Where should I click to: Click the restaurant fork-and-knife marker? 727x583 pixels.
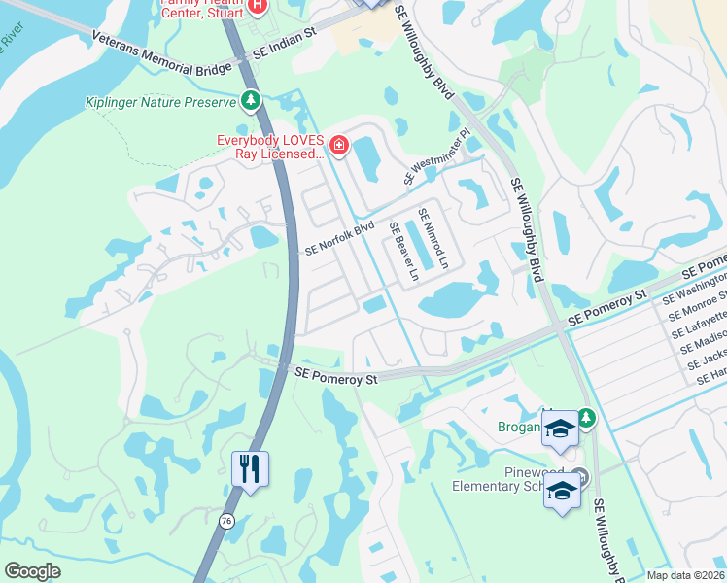pos(250,469)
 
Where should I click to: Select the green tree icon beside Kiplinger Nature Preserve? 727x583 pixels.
pos(251,100)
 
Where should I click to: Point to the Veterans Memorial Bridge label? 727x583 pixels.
pos(162,54)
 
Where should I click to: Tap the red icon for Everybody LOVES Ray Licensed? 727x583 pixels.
pos(338,147)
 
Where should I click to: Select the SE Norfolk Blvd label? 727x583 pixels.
pos(339,237)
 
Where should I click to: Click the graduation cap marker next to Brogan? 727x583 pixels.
pos(560,431)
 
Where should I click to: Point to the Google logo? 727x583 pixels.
pos(32,571)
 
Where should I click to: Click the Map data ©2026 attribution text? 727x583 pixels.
pos(685,575)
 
